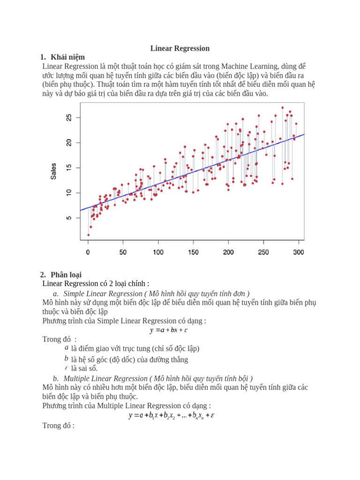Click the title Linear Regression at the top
pyautogui.click(x=180, y=48)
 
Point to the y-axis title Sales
pyautogui.click(x=54, y=171)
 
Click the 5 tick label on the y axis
pyautogui.click(x=69, y=218)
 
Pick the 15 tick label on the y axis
pyautogui.click(x=69, y=167)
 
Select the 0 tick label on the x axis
pyautogui.click(x=88, y=252)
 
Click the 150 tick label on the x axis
pyautogui.click(x=193, y=252)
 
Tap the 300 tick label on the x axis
pyautogui.click(x=298, y=252)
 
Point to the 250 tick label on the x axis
pyautogui.click(x=263, y=252)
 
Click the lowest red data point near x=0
pyautogui.click(x=88, y=235)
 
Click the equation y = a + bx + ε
pyautogui.click(x=169, y=330)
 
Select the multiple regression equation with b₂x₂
pyautogui.click(x=172, y=415)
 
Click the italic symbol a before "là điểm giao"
pyautogui.click(x=66, y=348)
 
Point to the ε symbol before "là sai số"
pyautogui.click(x=66, y=367)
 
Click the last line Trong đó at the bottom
pyautogui.click(x=58, y=426)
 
